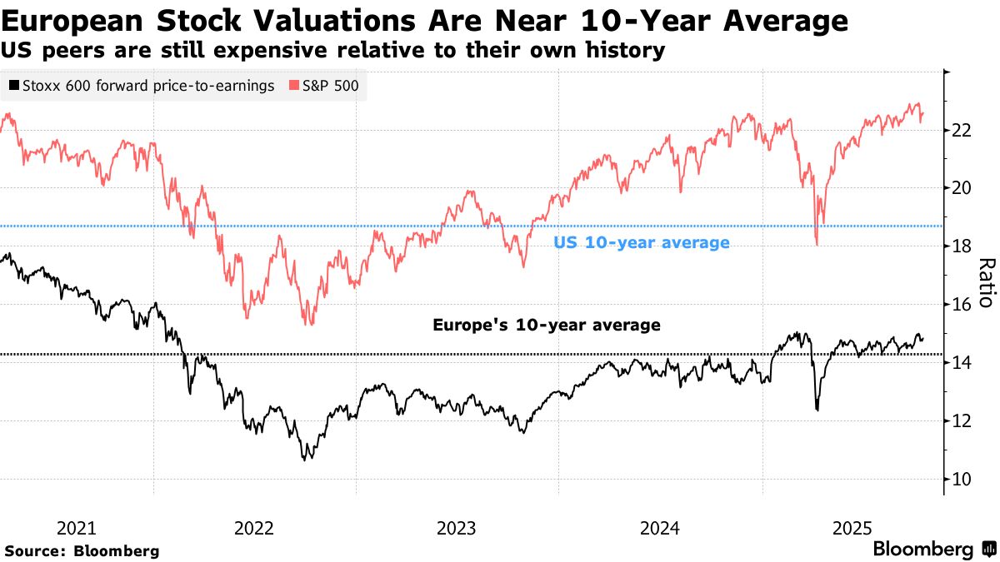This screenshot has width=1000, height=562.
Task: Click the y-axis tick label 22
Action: coord(962,130)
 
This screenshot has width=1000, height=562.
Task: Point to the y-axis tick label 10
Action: coord(962,480)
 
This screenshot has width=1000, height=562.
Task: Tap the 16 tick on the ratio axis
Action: coord(962,305)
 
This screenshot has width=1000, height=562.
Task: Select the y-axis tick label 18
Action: coord(962,246)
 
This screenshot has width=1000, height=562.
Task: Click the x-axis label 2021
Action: coord(76,528)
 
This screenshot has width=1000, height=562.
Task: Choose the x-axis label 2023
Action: coord(456,528)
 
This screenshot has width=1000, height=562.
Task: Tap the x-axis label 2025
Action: coord(852,528)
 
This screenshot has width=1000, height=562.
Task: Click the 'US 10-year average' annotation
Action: coord(642,243)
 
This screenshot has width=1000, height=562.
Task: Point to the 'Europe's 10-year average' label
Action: coord(547,325)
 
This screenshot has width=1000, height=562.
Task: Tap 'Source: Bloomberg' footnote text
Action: coord(82,550)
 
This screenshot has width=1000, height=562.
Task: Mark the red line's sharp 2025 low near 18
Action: coord(816,244)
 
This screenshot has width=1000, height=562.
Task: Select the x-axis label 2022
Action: coord(254,528)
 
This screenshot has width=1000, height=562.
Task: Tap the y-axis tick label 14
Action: coord(962,363)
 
